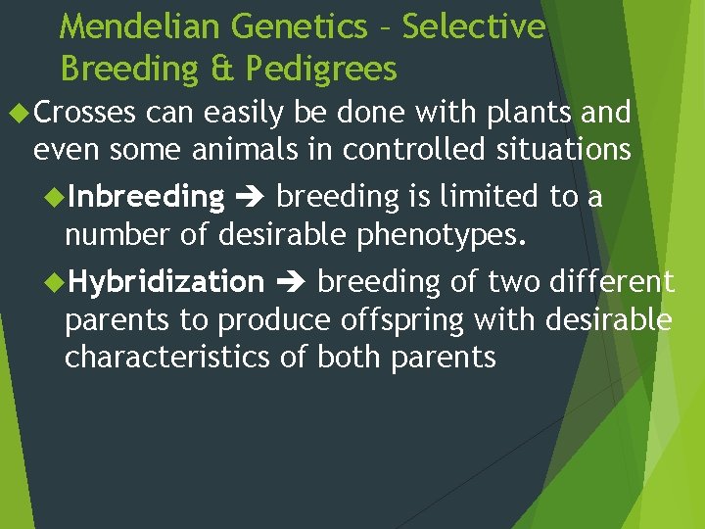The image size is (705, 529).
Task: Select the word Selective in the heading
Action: click(473, 27)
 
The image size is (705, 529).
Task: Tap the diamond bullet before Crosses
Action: click(19, 113)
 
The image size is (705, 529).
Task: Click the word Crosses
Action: click(84, 114)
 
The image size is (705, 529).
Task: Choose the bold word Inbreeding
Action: click(146, 197)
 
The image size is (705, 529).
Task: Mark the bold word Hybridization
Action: click(165, 282)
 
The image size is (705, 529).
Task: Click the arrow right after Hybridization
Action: click(291, 283)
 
